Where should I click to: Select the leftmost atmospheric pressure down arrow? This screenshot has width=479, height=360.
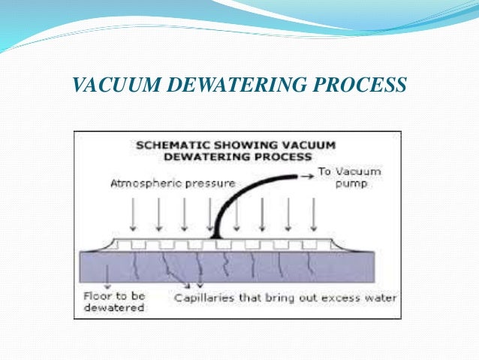132,216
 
